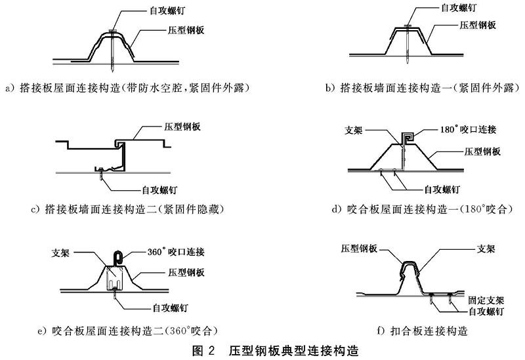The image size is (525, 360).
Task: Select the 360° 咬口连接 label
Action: pyautogui.click(x=174, y=252)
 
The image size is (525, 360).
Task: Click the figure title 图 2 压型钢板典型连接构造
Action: pyautogui.click(x=262, y=351)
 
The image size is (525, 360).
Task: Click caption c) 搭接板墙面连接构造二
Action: pyautogui.click(x=124, y=210)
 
